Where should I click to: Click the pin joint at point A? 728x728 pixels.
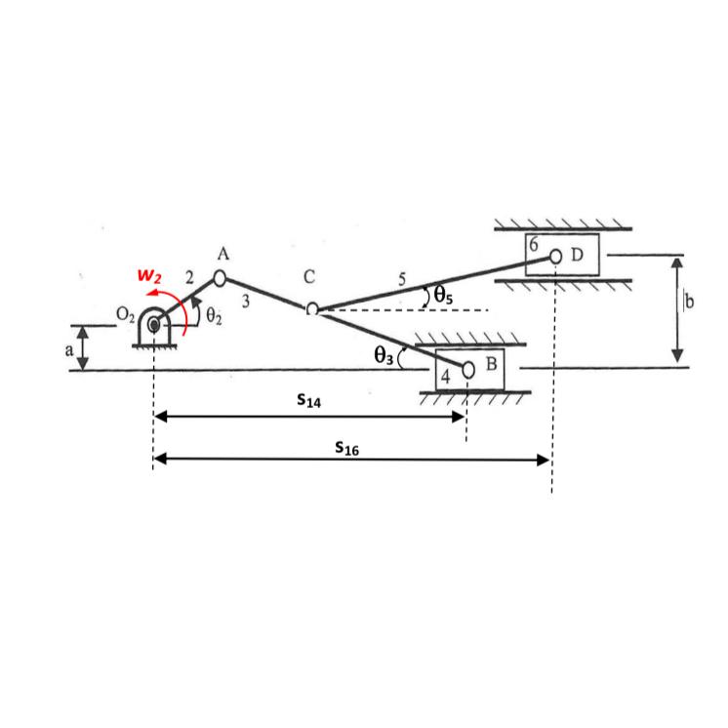[220, 278]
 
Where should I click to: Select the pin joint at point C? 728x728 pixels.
[312, 308]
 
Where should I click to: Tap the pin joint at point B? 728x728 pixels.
[468, 370]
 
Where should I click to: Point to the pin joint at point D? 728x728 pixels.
[555, 256]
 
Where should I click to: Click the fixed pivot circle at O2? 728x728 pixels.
[153, 325]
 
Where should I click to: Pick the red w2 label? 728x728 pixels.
[149, 276]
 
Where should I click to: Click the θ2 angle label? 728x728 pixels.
[214, 316]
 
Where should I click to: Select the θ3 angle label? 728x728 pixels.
[384, 355]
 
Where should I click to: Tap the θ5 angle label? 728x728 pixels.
[443, 295]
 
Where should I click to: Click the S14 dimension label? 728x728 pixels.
[308, 400]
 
